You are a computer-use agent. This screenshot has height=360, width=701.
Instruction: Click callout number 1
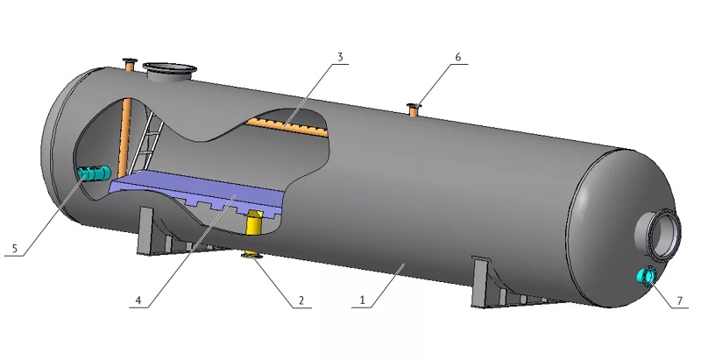pos(363,300)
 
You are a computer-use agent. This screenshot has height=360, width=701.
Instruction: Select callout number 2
pos(301,300)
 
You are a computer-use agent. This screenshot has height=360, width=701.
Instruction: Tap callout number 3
pos(340,57)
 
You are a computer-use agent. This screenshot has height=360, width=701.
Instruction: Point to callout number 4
pos(138,300)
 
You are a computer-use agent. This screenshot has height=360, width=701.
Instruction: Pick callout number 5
pos(15,249)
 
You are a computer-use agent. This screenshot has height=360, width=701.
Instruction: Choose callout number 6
pos(457,57)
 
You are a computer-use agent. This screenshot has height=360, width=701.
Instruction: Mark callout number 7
pos(680,300)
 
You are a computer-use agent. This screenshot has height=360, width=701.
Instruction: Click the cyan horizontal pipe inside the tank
pos(94,173)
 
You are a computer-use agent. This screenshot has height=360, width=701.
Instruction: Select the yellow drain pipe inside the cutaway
pos(254,222)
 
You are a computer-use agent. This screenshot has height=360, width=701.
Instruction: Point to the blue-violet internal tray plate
pos(196,191)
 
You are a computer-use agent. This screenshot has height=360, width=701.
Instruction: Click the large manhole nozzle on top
pos(169,72)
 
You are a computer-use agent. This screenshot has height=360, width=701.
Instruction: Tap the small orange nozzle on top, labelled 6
pos(414,109)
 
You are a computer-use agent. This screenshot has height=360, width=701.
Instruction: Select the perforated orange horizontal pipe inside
pos(287,127)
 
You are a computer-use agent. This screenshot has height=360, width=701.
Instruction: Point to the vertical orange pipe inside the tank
pos(124,138)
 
